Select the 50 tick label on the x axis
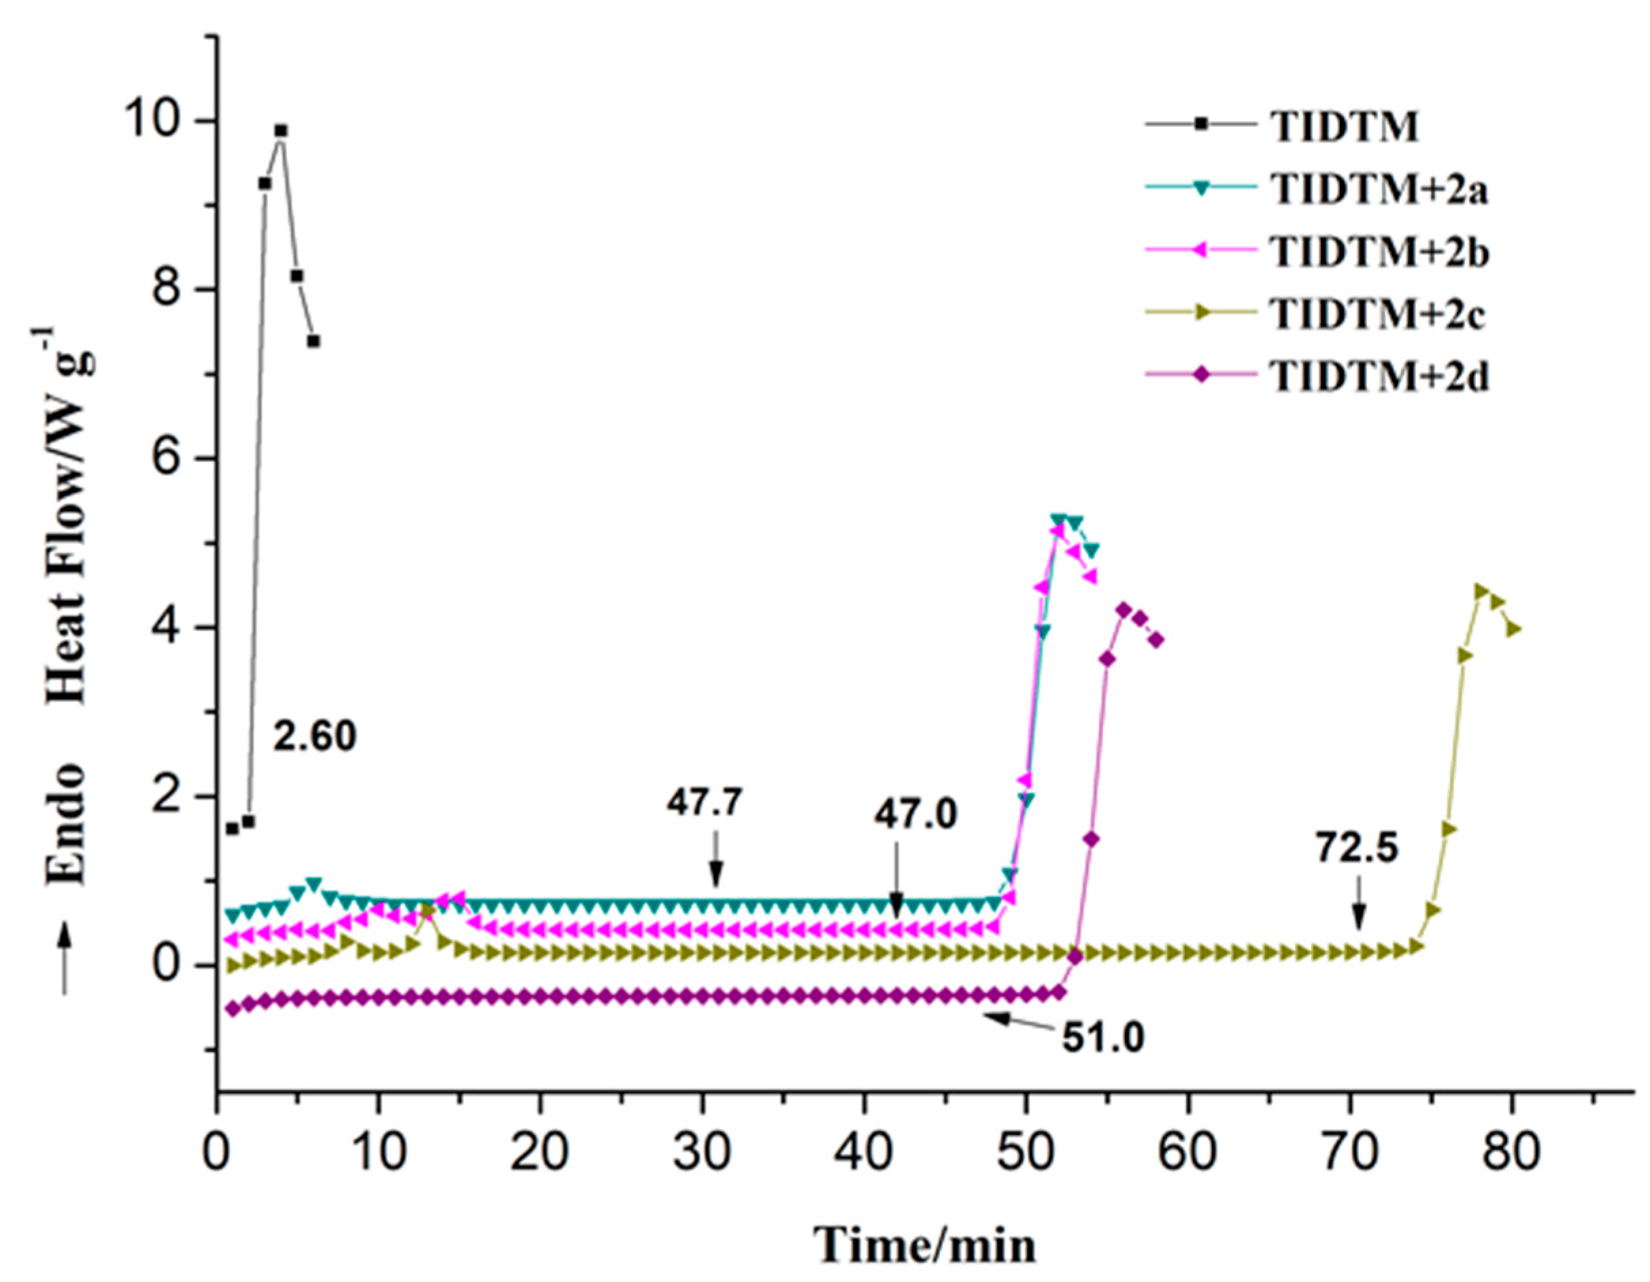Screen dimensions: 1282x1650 point(1025,1154)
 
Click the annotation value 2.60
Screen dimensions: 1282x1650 point(314,736)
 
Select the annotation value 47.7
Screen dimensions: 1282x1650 point(705,804)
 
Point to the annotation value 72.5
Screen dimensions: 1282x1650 point(1358,848)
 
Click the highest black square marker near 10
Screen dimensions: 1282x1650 point(281,131)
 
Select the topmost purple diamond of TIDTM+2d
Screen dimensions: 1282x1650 point(1124,609)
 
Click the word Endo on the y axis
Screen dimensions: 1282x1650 point(67,824)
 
